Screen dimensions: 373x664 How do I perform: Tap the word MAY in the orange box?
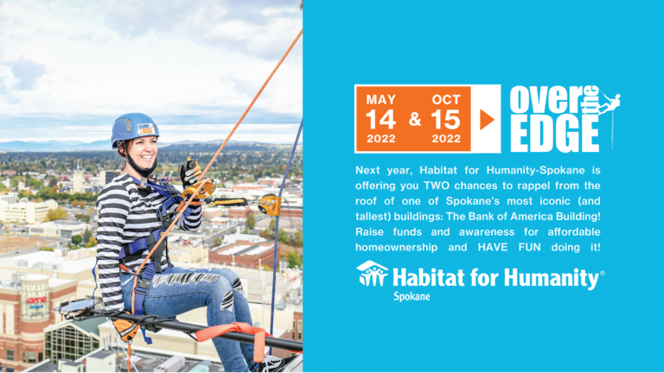(381, 99)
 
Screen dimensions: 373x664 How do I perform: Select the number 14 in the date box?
(381, 119)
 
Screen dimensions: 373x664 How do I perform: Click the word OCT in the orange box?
(445, 99)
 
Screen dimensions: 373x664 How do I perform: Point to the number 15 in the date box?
(445, 119)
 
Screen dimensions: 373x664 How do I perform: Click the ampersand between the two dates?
(414, 120)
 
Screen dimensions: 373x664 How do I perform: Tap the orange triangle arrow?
(488, 119)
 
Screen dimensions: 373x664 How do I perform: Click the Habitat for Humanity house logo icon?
(371, 275)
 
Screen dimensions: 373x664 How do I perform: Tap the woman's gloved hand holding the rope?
(189, 174)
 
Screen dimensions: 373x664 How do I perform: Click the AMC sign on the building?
(35, 303)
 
